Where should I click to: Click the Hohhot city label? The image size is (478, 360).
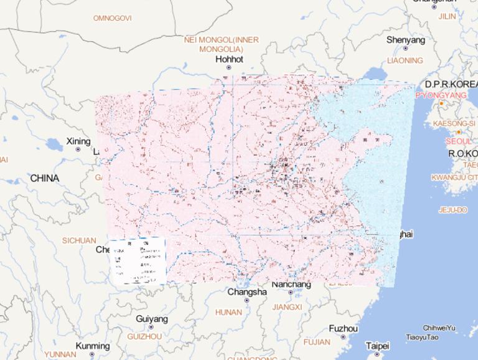(x=230, y=59)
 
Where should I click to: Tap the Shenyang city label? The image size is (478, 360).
(x=406, y=40)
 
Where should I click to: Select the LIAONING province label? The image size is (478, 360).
(x=405, y=60)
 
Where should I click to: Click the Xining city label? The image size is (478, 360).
(x=78, y=141)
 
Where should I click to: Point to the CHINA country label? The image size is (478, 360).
(x=44, y=178)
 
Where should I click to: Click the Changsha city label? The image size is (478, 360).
(x=247, y=291)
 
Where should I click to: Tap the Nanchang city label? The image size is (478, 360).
(x=291, y=284)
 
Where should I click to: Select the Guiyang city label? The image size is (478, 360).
(x=151, y=319)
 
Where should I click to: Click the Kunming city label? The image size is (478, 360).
(x=92, y=346)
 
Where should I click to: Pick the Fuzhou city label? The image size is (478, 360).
(x=344, y=328)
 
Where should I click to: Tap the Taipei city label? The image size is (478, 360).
(x=377, y=345)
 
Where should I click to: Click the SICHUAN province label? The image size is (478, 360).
(x=79, y=240)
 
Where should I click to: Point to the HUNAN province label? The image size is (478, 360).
(x=228, y=312)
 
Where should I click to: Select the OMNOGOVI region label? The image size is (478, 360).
(x=112, y=18)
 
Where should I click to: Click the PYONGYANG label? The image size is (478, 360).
(x=441, y=95)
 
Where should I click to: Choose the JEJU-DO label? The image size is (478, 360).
(x=452, y=210)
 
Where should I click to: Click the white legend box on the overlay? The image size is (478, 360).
(x=138, y=260)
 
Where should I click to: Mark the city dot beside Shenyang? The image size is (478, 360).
(x=406, y=48)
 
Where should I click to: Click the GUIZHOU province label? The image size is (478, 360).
(x=144, y=336)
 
